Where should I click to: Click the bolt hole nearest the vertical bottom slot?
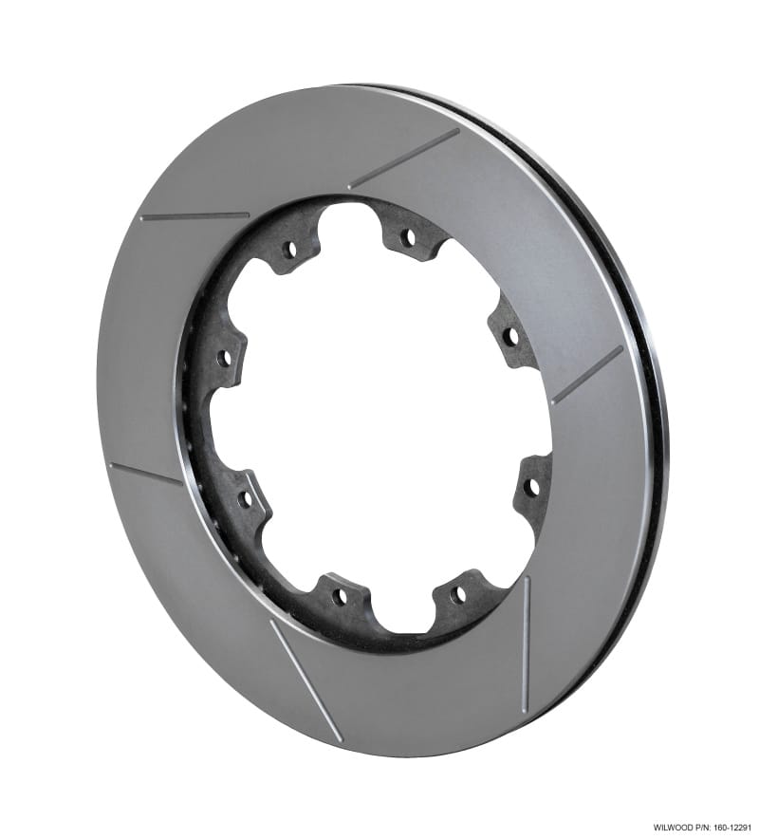[458, 594]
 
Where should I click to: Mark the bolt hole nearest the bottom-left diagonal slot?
[339, 596]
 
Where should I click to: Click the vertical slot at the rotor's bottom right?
[524, 645]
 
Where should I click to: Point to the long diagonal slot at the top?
[403, 158]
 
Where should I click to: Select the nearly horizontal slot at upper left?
[194, 216]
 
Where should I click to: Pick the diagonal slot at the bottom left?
[305, 680]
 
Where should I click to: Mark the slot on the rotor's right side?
[586, 376]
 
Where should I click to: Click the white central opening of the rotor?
[379, 418]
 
